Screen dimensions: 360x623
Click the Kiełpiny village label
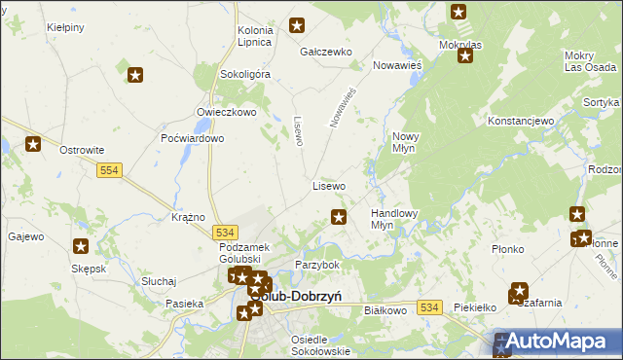(x=64, y=29)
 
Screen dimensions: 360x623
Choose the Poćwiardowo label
(x=193, y=138)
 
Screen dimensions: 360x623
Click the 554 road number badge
(x=109, y=170)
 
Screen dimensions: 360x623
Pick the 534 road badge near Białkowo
(x=431, y=307)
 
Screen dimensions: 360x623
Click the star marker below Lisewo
(x=339, y=217)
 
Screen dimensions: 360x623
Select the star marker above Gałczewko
(x=298, y=26)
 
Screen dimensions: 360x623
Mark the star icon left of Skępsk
(x=81, y=247)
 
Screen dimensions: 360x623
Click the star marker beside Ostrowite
(x=33, y=144)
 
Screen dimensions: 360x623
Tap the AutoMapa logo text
(x=566, y=342)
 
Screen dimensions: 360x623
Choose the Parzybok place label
(x=317, y=265)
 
